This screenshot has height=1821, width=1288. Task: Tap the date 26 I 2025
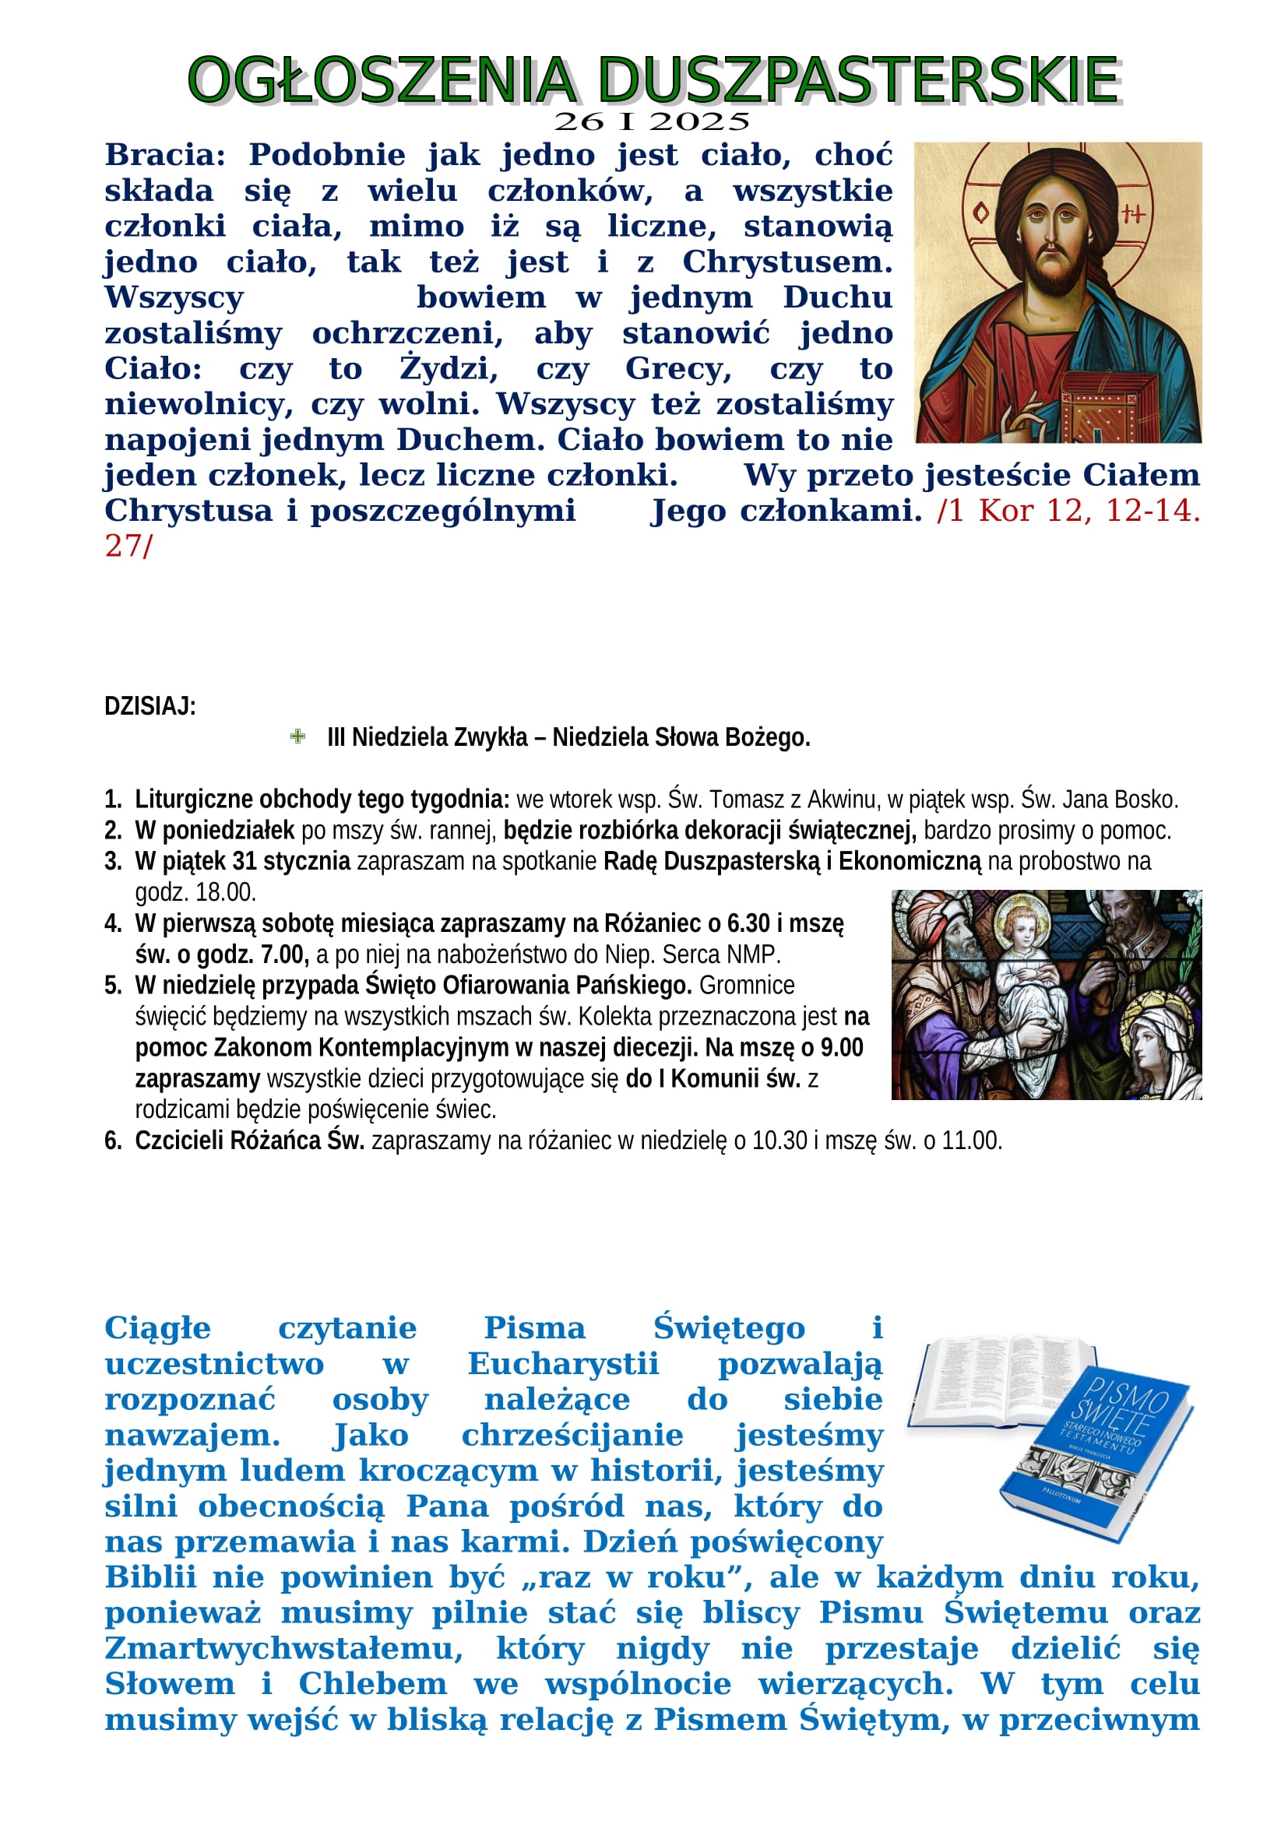651,122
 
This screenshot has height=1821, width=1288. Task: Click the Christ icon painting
1057,292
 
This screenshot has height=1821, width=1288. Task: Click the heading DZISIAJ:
150,706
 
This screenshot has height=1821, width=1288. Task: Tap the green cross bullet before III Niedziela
297,736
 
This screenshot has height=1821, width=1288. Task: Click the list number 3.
113,861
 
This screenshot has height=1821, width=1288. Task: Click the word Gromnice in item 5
746,985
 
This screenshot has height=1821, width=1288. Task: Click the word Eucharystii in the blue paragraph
563,1364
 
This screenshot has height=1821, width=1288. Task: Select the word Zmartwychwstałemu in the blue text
283,1649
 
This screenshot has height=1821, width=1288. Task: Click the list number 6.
113,1141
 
